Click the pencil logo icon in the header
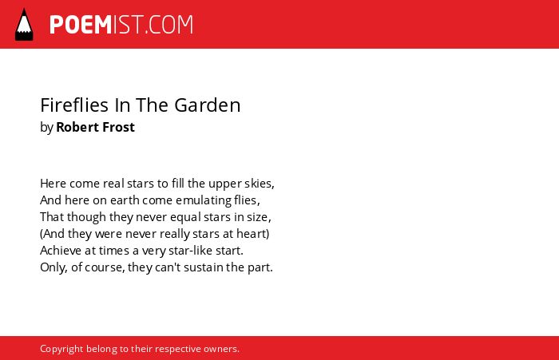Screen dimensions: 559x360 click(x=24, y=24)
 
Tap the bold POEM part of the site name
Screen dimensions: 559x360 click(x=81, y=25)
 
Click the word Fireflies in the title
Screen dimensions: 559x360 click(x=74, y=105)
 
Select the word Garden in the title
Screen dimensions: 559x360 click(x=208, y=105)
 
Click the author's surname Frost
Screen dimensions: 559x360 click(x=117, y=127)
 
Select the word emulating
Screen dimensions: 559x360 click(x=203, y=201)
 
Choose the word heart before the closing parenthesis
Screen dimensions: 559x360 click(x=254, y=234)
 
